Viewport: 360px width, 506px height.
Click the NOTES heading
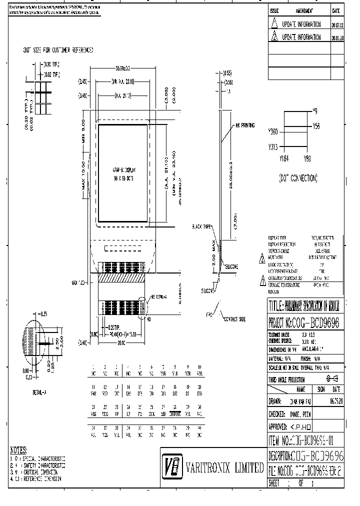pos(19,450)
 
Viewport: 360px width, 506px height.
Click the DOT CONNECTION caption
pos(298,178)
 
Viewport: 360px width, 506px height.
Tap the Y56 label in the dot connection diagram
pos(316,126)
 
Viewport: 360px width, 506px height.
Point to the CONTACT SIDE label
pos(234,318)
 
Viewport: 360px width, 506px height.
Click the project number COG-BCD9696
pos(304,323)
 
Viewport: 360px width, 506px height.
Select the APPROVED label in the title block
pos(279,427)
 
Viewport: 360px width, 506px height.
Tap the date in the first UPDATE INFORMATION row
pos(337,23)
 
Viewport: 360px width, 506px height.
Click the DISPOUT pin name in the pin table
pos(174,413)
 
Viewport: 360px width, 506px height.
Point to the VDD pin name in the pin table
pos(104,413)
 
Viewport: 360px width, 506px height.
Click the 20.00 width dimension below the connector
pos(121,343)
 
